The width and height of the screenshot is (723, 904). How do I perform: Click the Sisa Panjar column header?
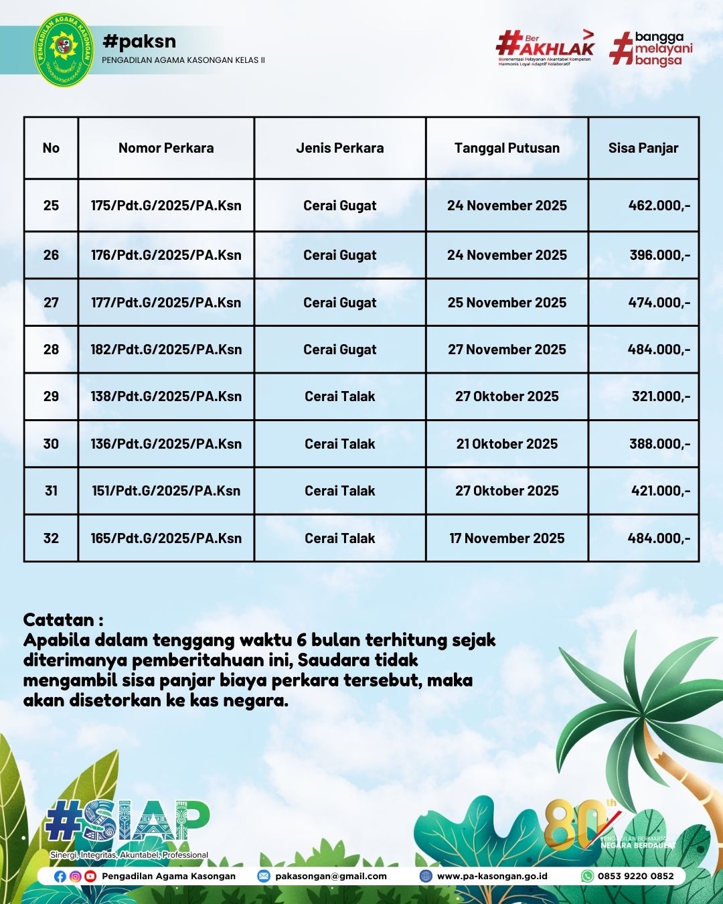[643, 148]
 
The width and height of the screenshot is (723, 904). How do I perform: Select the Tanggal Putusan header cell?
[507, 148]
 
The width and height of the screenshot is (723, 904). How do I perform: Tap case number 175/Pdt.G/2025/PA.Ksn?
[166, 206]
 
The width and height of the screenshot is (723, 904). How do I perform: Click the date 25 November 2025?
[507, 303]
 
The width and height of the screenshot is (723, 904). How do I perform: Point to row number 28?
[51, 350]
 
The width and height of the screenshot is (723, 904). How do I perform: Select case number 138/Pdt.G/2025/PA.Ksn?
[166, 396]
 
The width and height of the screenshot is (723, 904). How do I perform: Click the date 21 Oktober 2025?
[507, 444]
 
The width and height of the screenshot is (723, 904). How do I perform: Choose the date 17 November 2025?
[507, 538]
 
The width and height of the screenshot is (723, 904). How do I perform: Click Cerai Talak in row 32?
[339, 538]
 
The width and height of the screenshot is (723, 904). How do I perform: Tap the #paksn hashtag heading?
[139, 42]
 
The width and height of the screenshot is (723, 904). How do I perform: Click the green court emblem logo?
[64, 50]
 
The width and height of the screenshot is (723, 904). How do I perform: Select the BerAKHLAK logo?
[545, 47]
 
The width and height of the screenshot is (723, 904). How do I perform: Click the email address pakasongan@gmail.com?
[331, 876]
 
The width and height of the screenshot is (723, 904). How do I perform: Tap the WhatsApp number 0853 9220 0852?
[635, 876]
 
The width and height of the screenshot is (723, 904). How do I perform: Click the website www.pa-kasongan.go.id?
[492, 876]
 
